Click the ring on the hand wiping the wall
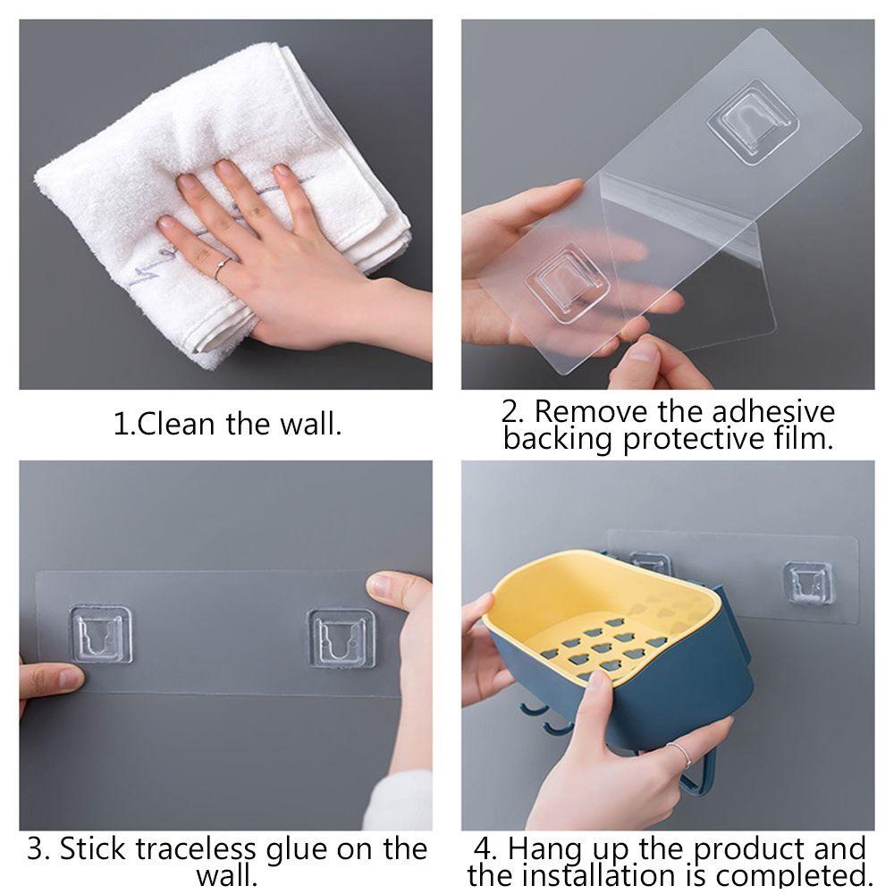(223, 267)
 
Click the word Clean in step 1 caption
(176, 424)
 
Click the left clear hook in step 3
(101, 634)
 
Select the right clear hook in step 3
(341, 637)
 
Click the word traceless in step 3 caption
(195, 849)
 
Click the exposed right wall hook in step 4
(808, 582)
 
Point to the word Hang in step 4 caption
(544, 850)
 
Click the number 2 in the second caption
(510, 412)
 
